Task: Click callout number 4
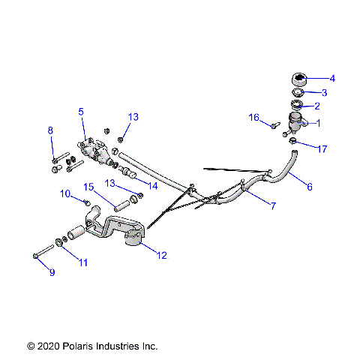pyautogui.click(x=332, y=78)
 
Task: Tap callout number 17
pyautogui.click(x=323, y=149)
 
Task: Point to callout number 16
pyautogui.click(x=254, y=117)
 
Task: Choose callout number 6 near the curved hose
pyautogui.click(x=310, y=187)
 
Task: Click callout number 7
pyautogui.click(x=272, y=205)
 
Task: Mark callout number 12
pyautogui.click(x=161, y=255)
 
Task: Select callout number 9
pyautogui.click(x=52, y=272)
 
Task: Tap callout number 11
pyautogui.click(x=82, y=262)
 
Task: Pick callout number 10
pyautogui.click(x=66, y=194)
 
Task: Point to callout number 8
pyautogui.click(x=51, y=130)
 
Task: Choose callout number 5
pyautogui.click(x=81, y=111)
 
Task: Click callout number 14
pyautogui.click(x=153, y=185)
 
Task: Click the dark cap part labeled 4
pyautogui.click(x=298, y=79)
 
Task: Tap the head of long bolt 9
pyautogui.click(x=36, y=256)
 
